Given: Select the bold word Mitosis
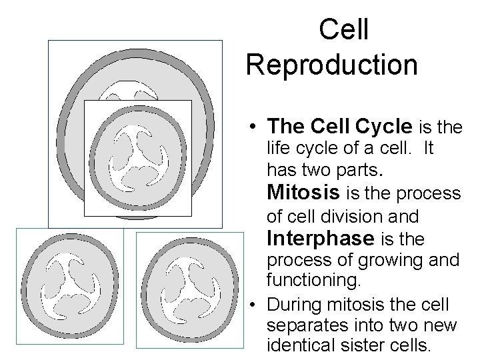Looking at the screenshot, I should coord(304,193).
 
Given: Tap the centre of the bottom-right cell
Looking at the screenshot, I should coord(186,289).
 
